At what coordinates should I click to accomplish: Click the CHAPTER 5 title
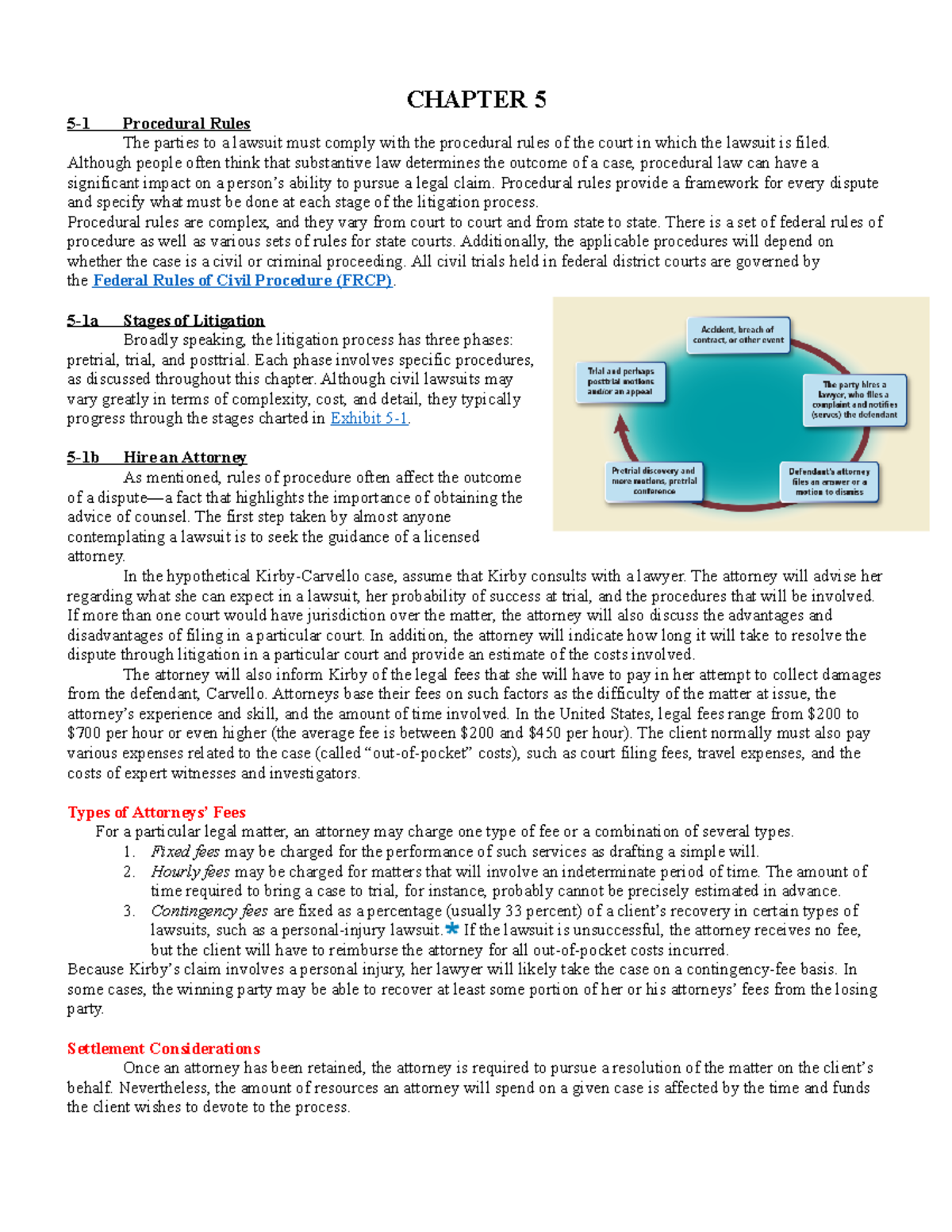click(476, 100)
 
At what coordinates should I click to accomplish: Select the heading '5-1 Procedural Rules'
click(159, 124)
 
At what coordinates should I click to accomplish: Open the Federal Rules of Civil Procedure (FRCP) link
click(243, 281)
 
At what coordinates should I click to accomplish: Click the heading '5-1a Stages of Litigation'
click(166, 320)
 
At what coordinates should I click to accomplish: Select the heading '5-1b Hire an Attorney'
click(157, 458)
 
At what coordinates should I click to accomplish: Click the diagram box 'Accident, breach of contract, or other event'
click(738, 335)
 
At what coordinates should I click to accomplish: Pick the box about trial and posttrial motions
click(620, 381)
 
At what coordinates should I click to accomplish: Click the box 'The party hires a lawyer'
click(854, 399)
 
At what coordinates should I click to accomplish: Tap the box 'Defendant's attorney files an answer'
click(829, 482)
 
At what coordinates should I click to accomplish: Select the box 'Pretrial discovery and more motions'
click(654, 481)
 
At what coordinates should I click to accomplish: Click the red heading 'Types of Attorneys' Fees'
click(156, 812)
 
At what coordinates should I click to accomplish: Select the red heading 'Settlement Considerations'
click(163, 1049)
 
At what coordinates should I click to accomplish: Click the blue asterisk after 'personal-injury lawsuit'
click(452, 929)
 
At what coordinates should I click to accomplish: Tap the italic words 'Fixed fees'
click(185, 852)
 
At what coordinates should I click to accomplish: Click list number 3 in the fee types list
click(129, 911)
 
